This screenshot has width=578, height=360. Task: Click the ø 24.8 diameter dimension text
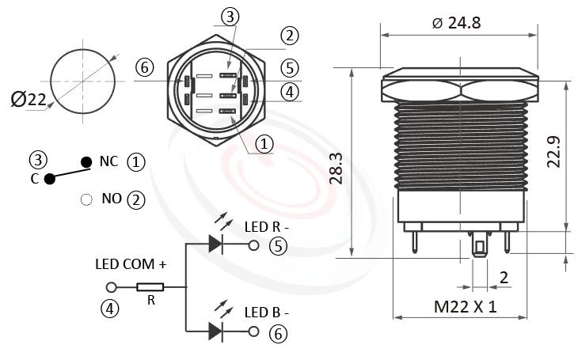pyautogui.click(x=457, y=23)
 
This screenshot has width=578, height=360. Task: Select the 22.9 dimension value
pyautogui.click(x=554, y=152)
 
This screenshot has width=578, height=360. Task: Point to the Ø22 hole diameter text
pyautogui.click(x=29, y=99)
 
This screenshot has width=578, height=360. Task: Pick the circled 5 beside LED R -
pyautogui.click(x=277, y=246)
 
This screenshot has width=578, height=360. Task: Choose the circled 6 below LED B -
pyautogui.click(x=277, y=333)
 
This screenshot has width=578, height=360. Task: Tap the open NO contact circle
pyautogui.click(x=86, y=199)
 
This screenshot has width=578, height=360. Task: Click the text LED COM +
pyautogui.click(x=131, y=263)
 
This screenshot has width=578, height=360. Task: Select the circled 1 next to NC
pyautogui.click(x=136, y=162)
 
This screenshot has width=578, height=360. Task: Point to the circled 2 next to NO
pyautogui.click(x=136, y=199)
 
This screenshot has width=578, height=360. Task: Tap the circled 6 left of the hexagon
pyautogui.click(x=144, y=68)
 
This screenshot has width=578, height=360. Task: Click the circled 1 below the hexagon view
pyautogui.click(x=264, y=143)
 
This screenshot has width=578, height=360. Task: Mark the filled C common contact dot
pyautogui.click(x=50, y=178)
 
